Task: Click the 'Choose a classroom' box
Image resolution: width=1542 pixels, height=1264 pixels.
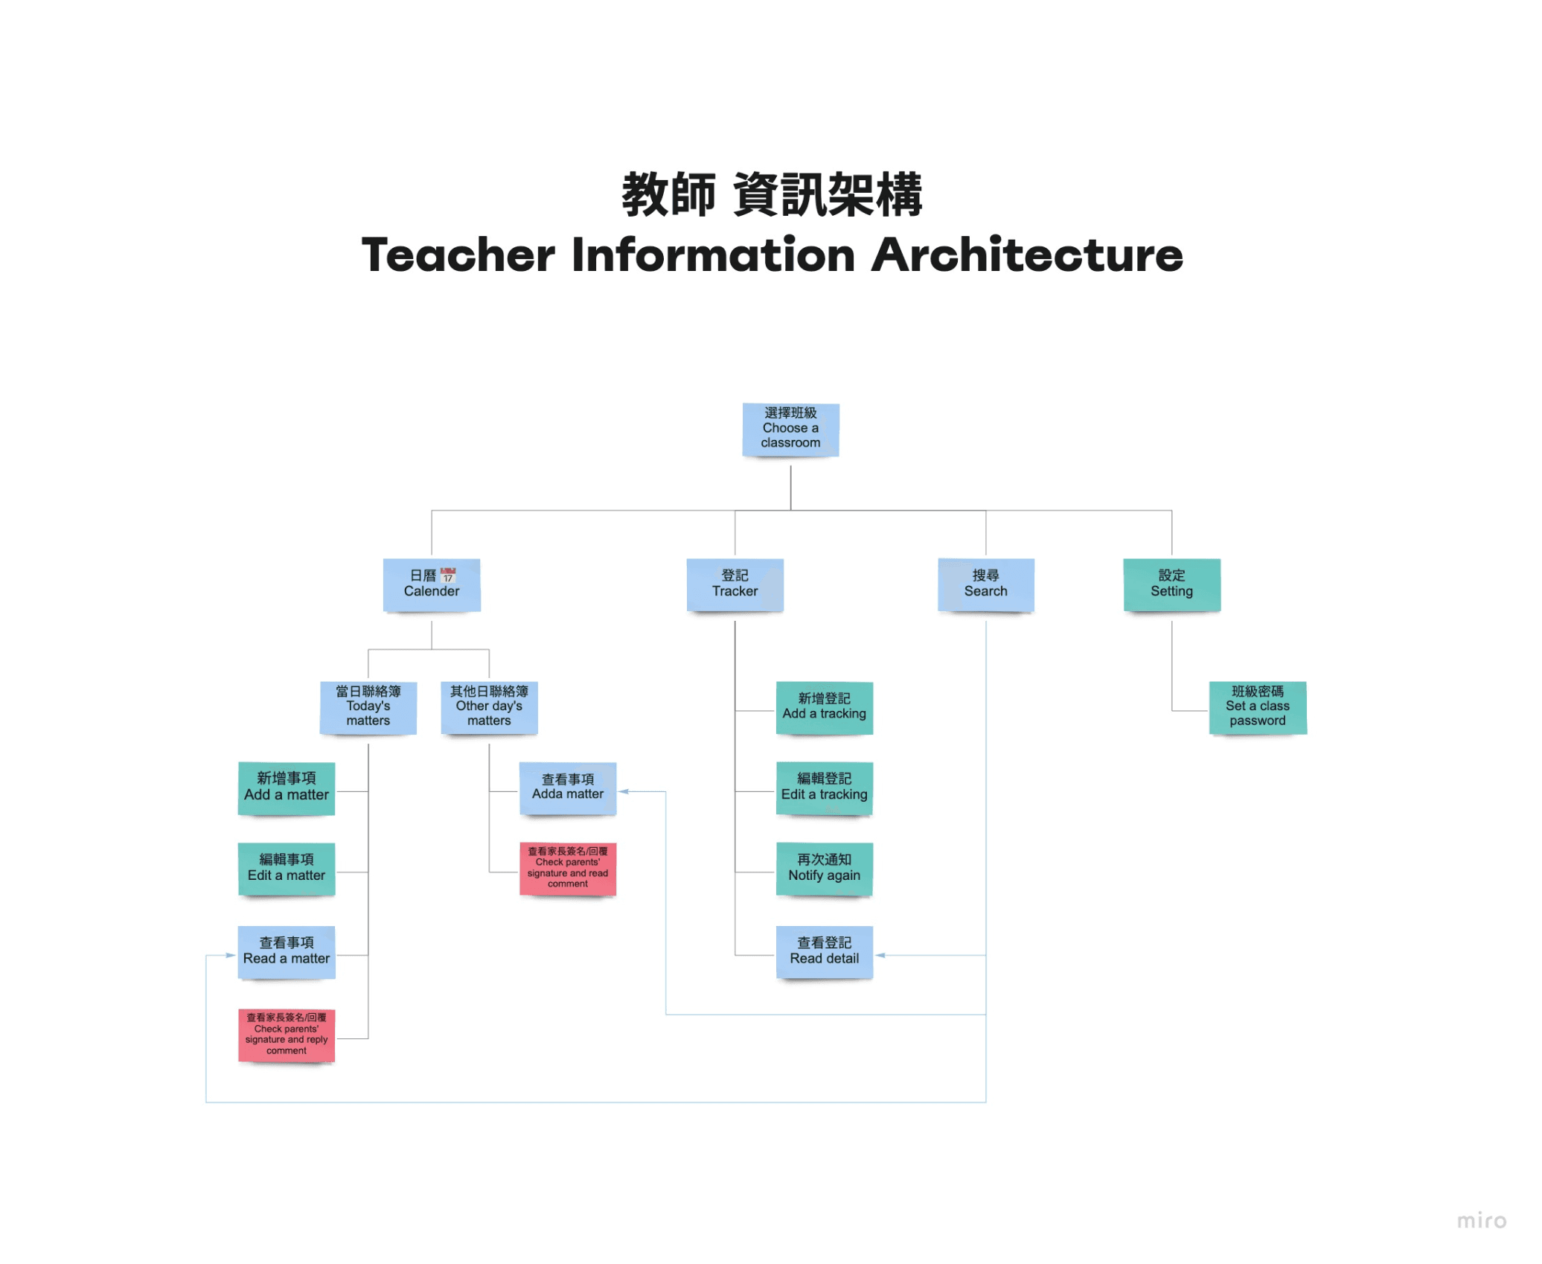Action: click(x=790, y=430)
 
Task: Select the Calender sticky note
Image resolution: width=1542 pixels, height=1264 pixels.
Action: click(x=431, y=585)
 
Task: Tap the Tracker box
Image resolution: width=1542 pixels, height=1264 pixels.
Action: click(x=735, y=585)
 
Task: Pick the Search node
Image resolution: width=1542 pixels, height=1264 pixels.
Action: click(x=985, y=585)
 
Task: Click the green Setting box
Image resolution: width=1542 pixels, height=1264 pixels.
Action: click(x=1171, y=585)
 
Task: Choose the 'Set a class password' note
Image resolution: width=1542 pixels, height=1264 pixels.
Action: click(x=1257, y=707)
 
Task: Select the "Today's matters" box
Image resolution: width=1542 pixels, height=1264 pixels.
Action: click(x=368, y=707)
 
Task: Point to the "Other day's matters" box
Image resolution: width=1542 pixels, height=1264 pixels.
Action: click(x=489, y=707)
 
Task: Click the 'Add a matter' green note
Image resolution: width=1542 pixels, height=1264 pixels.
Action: click(x=287, y=788)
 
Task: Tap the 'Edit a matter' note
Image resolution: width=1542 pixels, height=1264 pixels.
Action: click(x=287, y=869)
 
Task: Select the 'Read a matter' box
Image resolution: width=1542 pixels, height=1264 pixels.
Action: click(x=287, y=952)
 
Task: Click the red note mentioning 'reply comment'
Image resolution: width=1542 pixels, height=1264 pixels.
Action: click(x=287, y=1035)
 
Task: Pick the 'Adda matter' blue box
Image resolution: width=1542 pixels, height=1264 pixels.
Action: click(x=568, y=788)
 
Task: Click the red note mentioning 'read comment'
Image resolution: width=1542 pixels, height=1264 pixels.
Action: click(x=568, y=869)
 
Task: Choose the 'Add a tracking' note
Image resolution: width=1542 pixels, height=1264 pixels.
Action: click(x=824, y=707)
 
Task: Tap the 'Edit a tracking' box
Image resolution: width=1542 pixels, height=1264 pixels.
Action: click(x=824, y=788)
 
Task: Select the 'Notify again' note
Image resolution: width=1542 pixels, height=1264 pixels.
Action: click(x=824, y=869)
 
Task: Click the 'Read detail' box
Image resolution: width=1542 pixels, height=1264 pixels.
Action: click(x=824, y=952)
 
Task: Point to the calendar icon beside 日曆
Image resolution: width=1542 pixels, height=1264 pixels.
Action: click(x=448, y=575)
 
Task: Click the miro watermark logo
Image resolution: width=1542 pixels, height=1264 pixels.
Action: click(x=1481, y=1221)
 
